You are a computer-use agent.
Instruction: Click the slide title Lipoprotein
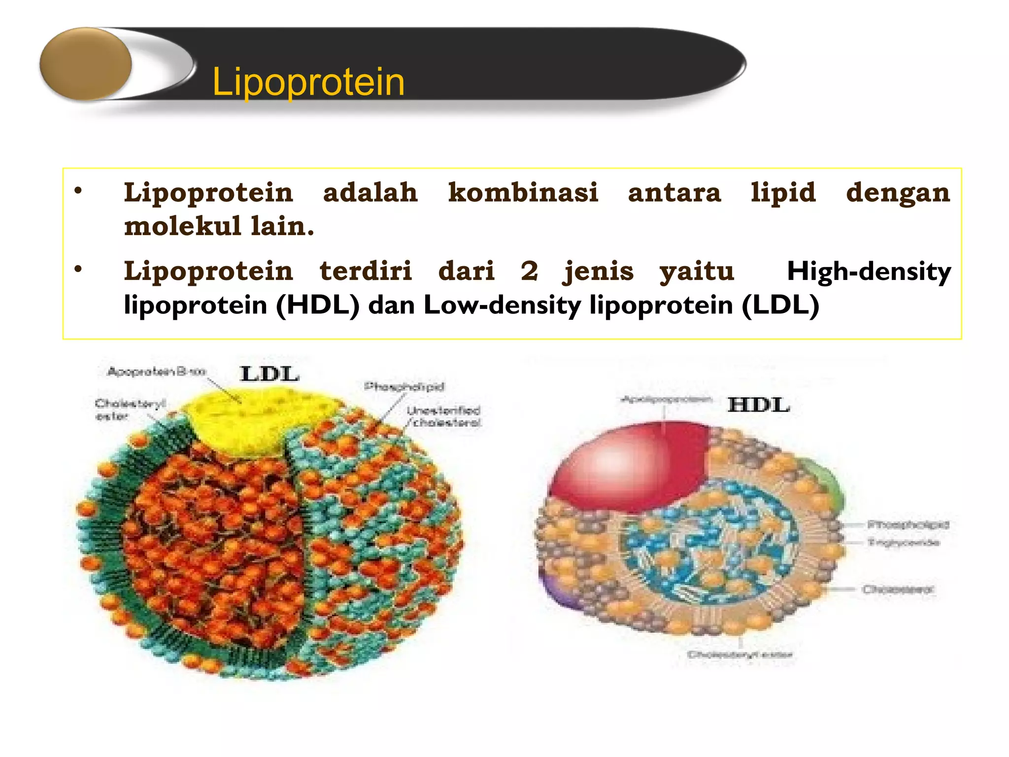click(308, 82)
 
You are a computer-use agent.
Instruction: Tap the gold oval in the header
click(86, 64)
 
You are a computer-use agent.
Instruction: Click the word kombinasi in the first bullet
click(523, 192)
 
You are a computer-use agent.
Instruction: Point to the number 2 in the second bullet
click(529, 271)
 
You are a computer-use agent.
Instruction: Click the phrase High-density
click(869, 272)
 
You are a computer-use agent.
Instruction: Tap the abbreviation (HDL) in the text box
click(318, 305)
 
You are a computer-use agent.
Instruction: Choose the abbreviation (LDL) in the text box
click(780, 305)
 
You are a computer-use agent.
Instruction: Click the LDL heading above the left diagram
click(269, 374)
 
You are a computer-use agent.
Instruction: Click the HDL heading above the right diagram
click(759, 405)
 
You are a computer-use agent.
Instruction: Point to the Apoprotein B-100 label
click(156, 372)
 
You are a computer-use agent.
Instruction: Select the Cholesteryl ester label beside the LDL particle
click(129, 410)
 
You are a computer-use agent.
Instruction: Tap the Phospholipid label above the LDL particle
click(404, 386)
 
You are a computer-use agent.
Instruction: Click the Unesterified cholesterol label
click(443, 416)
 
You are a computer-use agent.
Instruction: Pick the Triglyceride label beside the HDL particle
click(904, 543)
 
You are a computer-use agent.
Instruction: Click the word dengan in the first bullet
click(898, 192)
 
